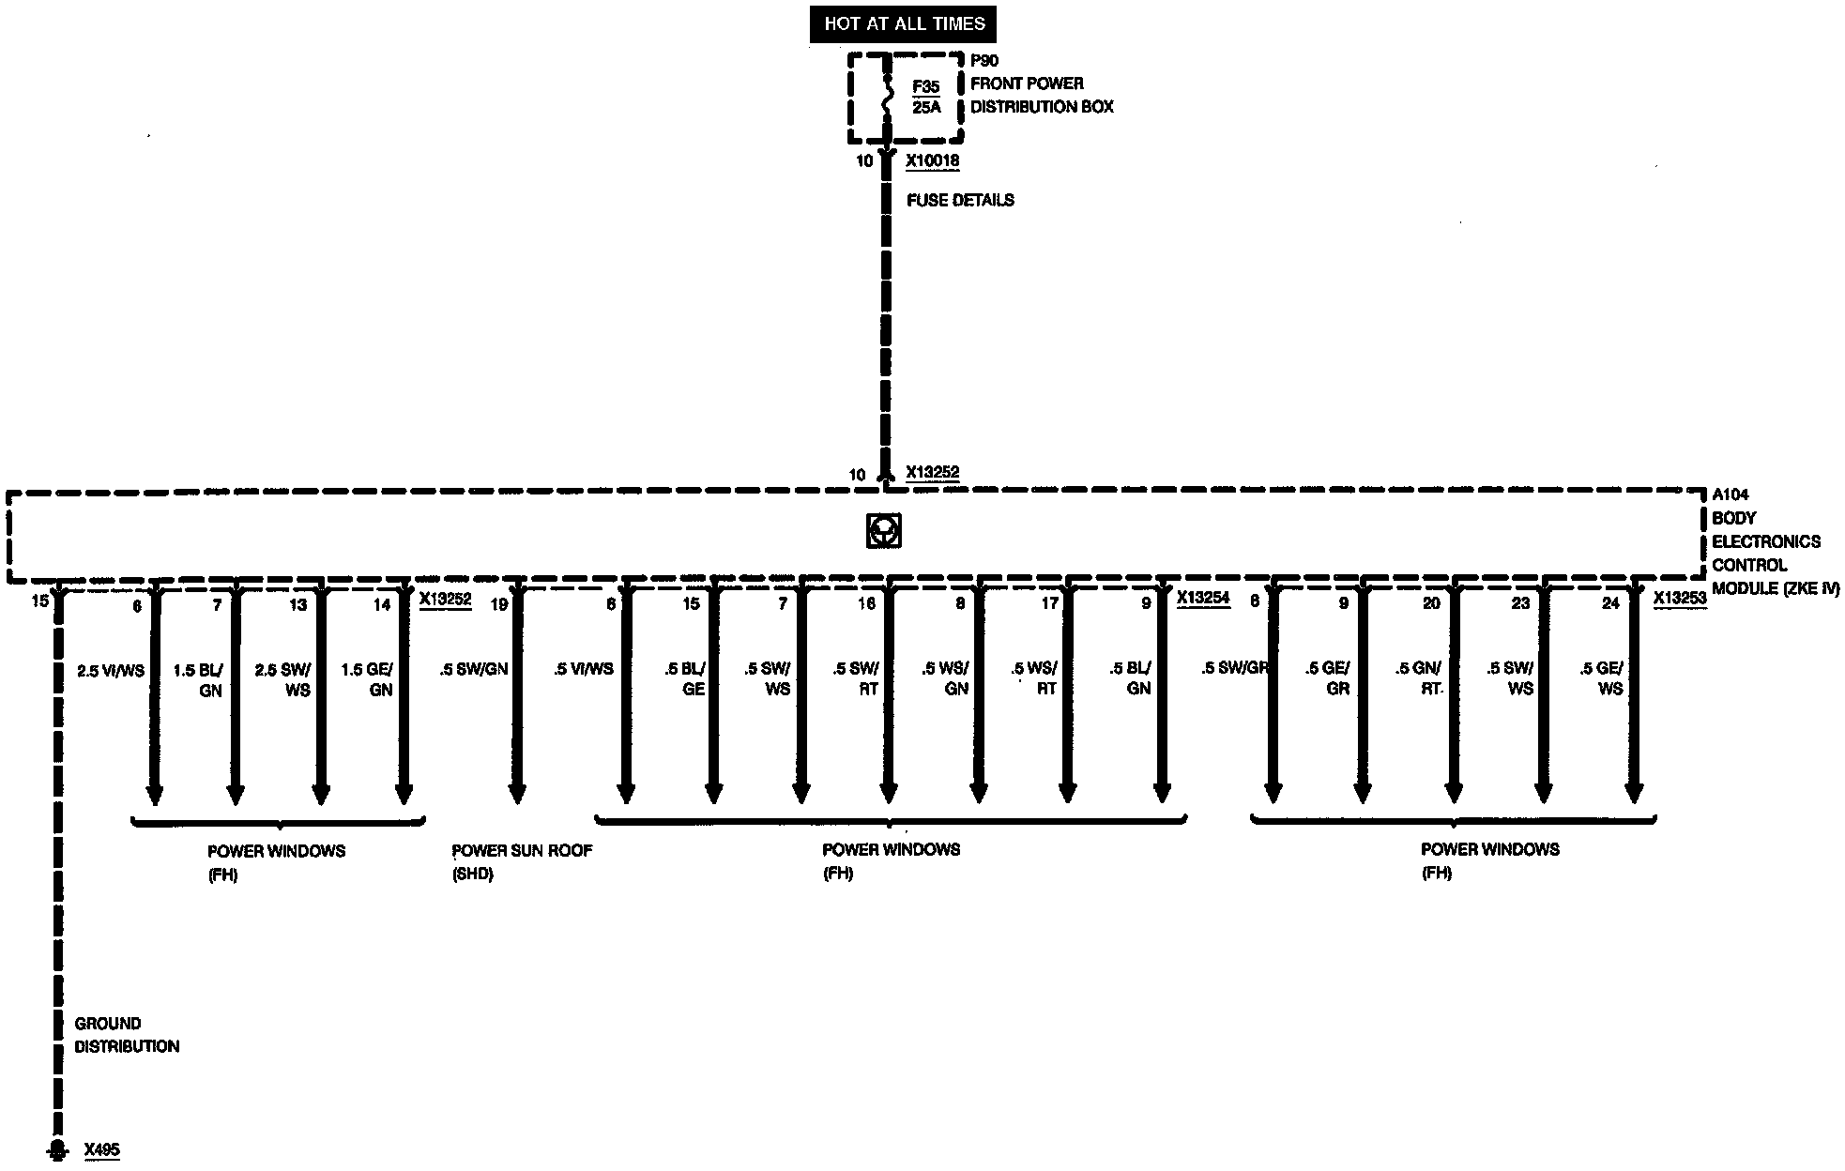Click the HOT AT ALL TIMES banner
click(x=904, y=24)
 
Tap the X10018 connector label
click(x=932, y=161)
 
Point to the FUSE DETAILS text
click(x=960, y=200)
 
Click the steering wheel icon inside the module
click(x=884, y=531)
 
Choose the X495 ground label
click(x=101, y=1150)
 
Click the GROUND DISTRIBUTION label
click(x=127, y=1035)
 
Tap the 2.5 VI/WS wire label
click(x=111, y=671)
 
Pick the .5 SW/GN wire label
click(x=474, y=670)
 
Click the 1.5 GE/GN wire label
click(x=367, y=679)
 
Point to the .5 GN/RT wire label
click(x=1418, y=678)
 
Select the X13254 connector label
click(x=1202, y=598)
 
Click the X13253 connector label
click(x=1680, y=598)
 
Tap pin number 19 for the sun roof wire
click(x=499, y=604)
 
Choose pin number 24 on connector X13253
click(x=1610, y=603)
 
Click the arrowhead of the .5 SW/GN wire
click(x=517, y=794)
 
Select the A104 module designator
click(x=1731, y=494)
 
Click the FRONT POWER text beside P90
click(x=1027, y=84)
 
